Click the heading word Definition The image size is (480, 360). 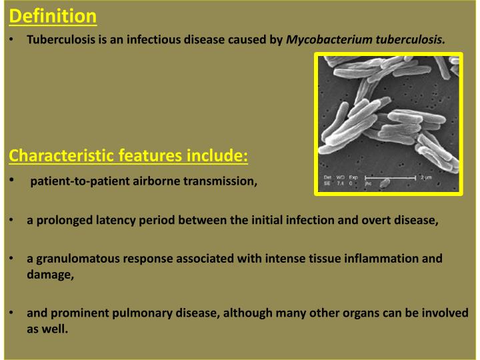click(54, 15)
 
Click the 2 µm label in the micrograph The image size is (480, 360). click(426, 177)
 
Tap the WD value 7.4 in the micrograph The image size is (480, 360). click(341, 183)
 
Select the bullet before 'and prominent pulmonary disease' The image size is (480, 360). click(13, 313)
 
